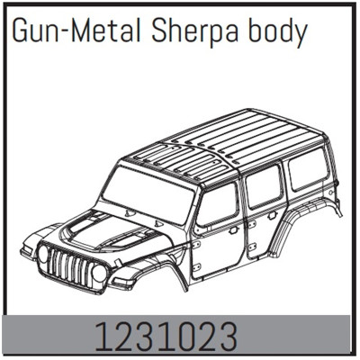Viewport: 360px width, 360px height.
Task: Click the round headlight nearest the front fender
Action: tap(100, 273)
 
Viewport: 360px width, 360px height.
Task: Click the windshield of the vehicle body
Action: tap(147, 193)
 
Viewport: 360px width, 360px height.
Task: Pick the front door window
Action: tap(218, 205)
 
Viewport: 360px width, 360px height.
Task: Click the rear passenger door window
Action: tap(264, 186)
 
